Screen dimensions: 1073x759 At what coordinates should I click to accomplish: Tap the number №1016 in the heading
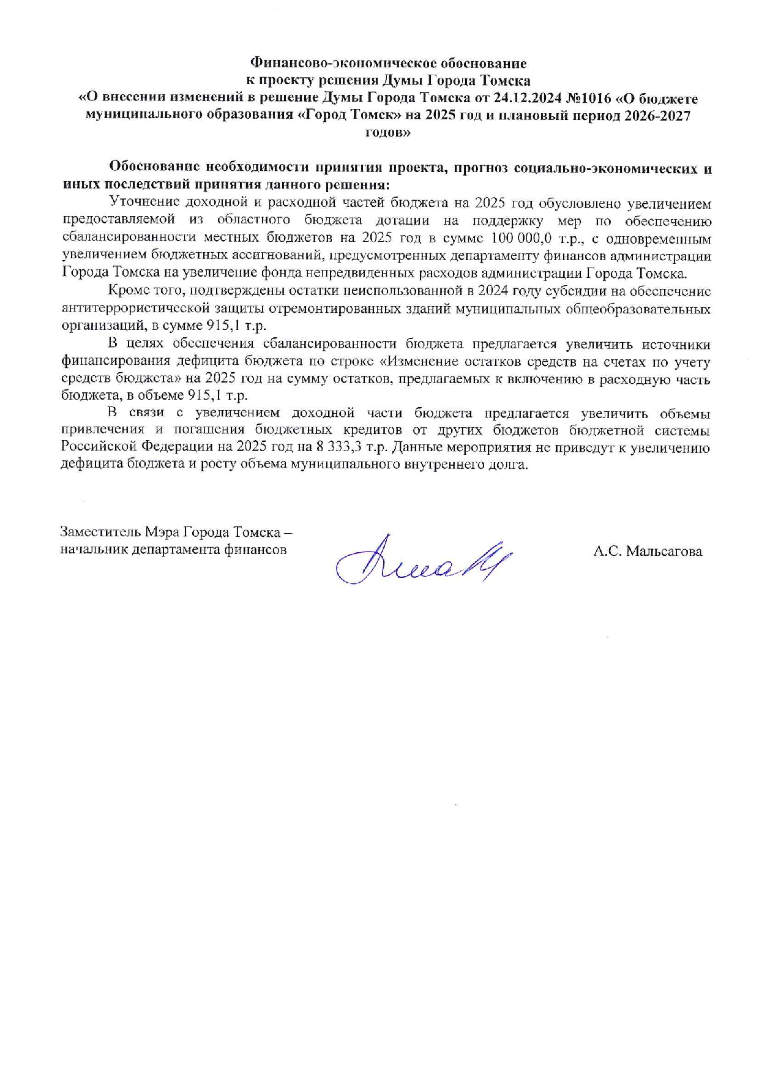(585, 99)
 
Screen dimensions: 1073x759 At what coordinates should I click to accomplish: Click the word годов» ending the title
(388, 133)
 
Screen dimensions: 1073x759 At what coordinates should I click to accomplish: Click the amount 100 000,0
(518, 238)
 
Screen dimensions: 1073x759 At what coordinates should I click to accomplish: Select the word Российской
(99, 447)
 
